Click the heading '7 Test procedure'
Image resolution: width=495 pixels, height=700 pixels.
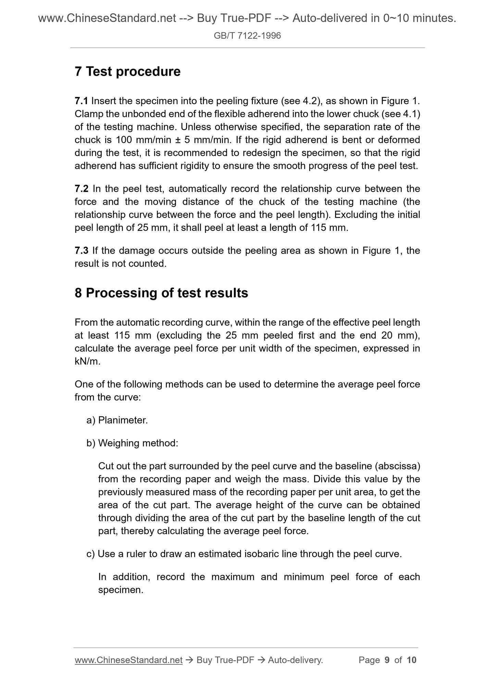[x=127, y=72]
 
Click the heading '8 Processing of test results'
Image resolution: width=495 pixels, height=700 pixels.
[x=161, y=293]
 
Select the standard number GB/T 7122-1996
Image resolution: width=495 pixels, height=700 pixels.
[x=247, y=36]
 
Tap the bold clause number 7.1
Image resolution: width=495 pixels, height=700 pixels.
[x=81, y=101]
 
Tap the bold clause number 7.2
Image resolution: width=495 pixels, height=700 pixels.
[x=81, y=189]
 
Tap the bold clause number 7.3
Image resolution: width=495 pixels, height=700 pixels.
[x=81, y=251]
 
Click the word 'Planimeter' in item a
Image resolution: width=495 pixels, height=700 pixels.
[x=122, y=420]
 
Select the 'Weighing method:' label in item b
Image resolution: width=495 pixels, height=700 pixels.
[x=138, y=443]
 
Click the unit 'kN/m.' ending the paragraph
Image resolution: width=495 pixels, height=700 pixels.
[x=88, y=362]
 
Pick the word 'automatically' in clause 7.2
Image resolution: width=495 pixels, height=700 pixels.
[x=198, y=189]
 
